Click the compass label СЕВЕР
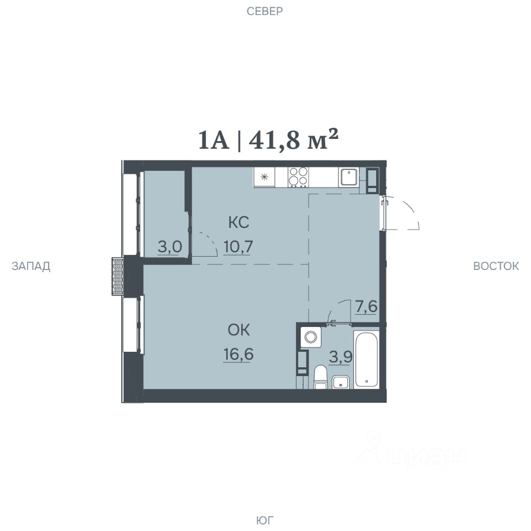[264, 12]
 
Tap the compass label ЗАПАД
[31, 266]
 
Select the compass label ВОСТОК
[496, 266]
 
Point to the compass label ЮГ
[265, 520]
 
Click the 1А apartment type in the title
[214, 140]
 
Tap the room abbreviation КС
[239, 222]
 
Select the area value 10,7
[238, 247]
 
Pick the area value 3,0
[170, 247]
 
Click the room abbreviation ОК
[239, 330]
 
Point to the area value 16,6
[238, 354]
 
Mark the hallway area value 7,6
[366, 306]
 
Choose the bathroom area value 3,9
[341, 357]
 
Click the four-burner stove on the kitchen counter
[298, 177]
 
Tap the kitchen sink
[349, 177]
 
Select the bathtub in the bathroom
[366, 359]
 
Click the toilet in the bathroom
[320, 377]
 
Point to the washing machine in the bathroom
[311, 337]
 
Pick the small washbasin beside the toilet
[340, 382]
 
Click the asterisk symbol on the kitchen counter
[264, 176]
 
